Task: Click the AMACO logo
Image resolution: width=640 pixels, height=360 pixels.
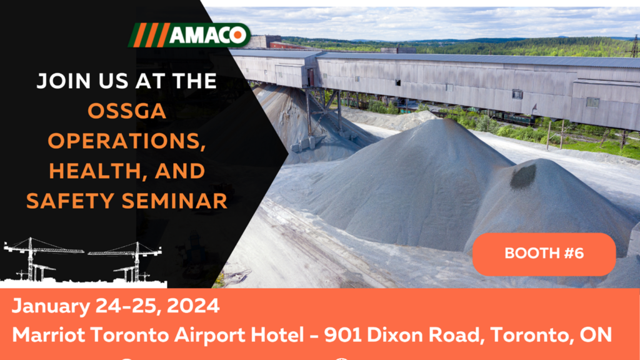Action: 189,35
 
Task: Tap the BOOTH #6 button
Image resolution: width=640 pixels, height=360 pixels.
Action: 544,254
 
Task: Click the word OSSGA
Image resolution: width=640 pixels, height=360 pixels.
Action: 127,111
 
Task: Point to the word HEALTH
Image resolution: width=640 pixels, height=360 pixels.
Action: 92,171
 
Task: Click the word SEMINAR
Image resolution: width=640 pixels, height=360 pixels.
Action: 174,201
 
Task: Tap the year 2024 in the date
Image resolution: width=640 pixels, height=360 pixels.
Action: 193,306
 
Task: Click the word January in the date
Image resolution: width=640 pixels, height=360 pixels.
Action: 51,306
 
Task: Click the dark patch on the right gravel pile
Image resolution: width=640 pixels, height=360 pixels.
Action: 523,176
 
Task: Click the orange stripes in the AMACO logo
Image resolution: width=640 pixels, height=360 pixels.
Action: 150,35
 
